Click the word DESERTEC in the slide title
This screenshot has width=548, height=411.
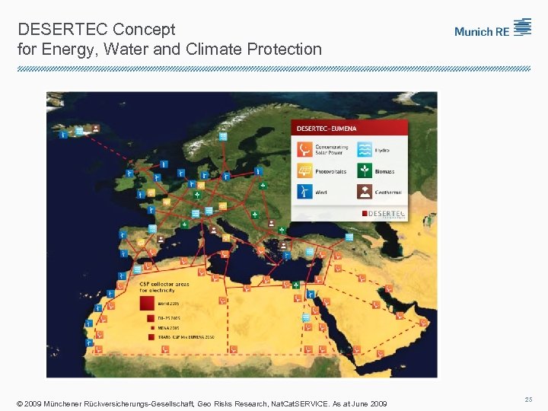[x=62, y=30]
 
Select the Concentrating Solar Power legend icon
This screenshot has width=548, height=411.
[x=304, y=149]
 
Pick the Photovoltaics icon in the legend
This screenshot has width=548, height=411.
[x=304, y=170]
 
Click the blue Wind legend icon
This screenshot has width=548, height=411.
[x=304, y=192]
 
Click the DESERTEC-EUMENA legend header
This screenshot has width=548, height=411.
[x=327, y=129]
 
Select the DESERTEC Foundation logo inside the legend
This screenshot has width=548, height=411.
[x=384, y=213]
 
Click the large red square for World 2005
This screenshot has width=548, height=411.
[x=146, y=303]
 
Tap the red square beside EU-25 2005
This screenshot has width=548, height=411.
[x=150, y=317]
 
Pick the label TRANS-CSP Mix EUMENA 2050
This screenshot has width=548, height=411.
[x=186, y=336]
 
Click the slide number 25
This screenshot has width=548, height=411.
[x=528, y=399]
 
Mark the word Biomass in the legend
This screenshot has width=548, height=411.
[x=385, y=171]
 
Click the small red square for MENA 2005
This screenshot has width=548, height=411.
[x=150, y=327]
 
